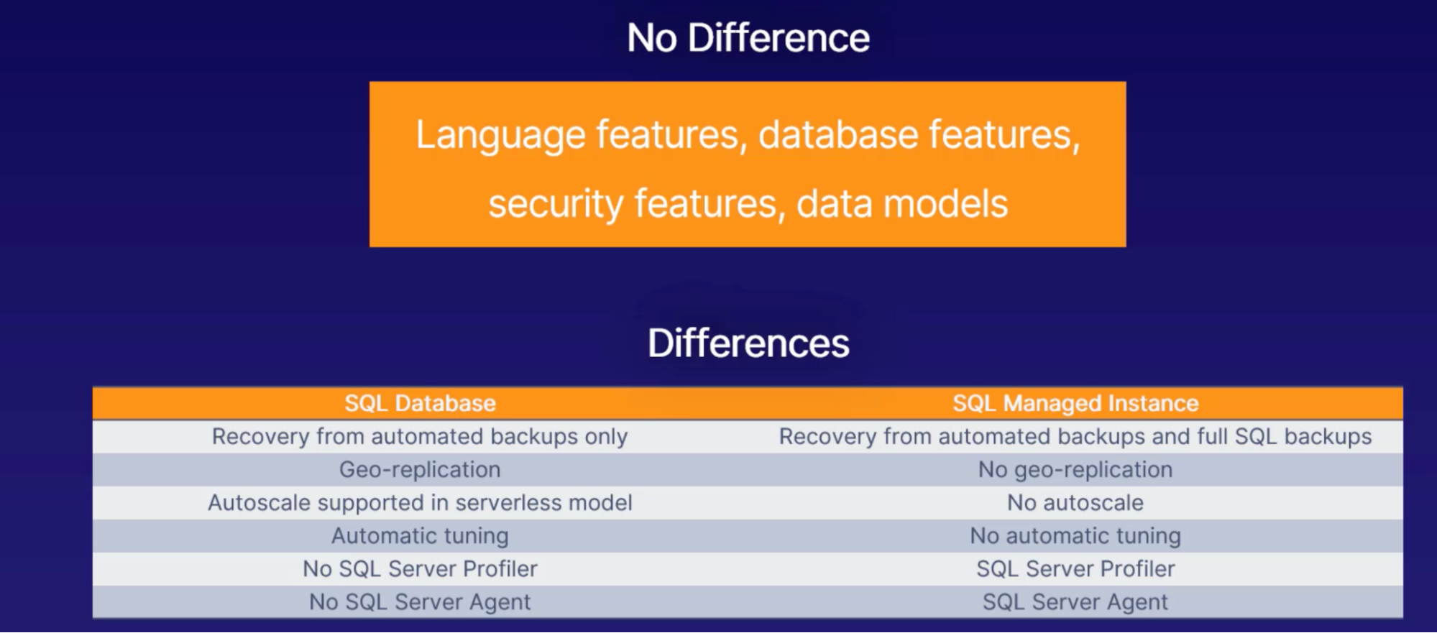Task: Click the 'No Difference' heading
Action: click(x=748, y=37)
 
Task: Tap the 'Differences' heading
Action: click(x=748, y=343)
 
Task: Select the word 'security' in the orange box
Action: click(x=556, y=204)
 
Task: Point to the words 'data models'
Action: click(x=901, y=203)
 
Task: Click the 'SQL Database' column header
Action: click(x=421, y=403)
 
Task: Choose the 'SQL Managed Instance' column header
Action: click(x=1075, y=403)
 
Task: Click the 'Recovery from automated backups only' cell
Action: click(x=420, y=437)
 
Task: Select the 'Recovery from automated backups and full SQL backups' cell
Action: click(x=1075, y=437)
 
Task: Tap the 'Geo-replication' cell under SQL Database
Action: click(x=420, y=470)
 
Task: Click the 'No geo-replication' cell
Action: click(x=1075, y=470)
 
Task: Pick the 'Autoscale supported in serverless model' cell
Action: click(x=420, y=503)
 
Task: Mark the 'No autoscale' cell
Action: click(x=1075, y=503)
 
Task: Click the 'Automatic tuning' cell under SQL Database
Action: click(x=420, y=536)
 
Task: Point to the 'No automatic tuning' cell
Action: click(x=1075, y=536)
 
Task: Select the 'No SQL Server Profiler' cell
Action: click(x=420, y=569)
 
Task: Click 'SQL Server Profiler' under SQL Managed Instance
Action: click(x=1075, y=569)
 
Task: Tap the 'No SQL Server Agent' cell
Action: click(x=420, y=602)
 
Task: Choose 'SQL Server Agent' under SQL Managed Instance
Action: click(x=1075, y=602)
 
